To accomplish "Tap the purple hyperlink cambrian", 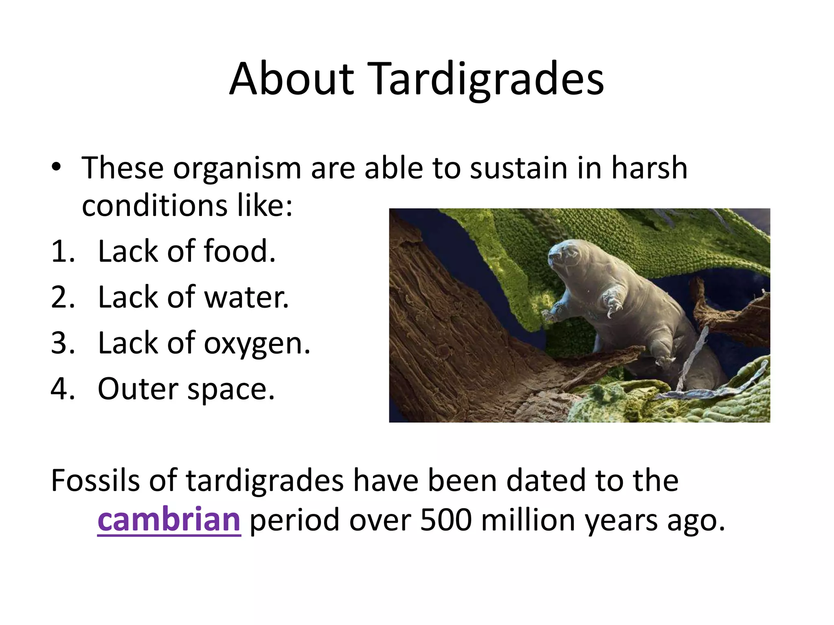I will [169, 520].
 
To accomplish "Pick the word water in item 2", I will [246, 297].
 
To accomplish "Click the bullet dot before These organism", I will [56, 167].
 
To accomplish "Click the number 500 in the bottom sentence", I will [446, 520].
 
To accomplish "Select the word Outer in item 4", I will [138, 389].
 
